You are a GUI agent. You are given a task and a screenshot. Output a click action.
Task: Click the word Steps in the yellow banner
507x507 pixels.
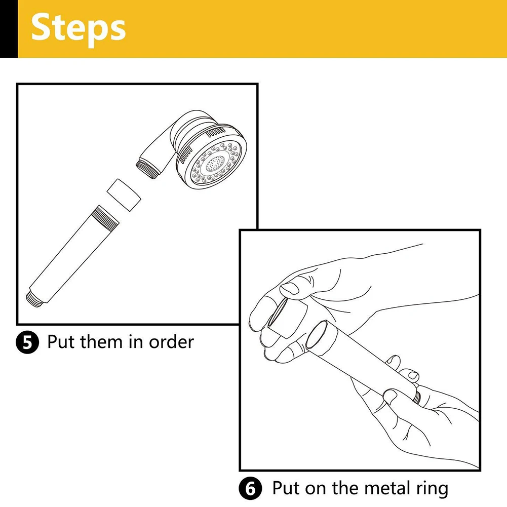tap(78, 28)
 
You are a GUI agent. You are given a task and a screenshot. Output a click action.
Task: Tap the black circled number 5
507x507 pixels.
tap(27, 343)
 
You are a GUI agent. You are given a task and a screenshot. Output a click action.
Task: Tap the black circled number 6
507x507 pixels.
tap(251, 490)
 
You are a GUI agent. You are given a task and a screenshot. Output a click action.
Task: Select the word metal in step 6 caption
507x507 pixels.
tap(385, 489)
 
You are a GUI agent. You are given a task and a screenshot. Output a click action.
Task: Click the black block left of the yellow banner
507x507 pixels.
tap(9, 28)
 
